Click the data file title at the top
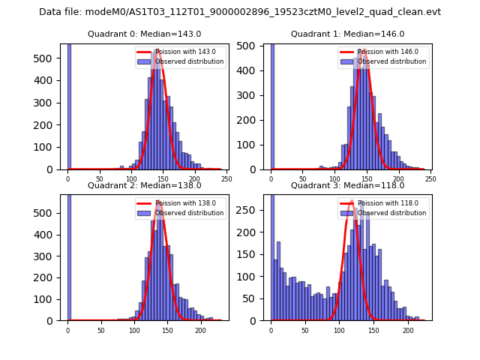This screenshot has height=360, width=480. [240, 12]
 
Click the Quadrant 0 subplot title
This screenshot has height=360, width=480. [144, 34]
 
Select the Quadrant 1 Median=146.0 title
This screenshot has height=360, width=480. [347, 34]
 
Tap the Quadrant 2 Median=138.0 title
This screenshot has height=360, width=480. [144, 185]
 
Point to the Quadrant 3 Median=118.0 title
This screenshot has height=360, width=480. [347, 185]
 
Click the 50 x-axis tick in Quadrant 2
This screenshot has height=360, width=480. [100, 330]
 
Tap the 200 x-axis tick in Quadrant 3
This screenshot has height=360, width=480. [408, 330]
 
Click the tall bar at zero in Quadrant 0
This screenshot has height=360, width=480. [69, 105]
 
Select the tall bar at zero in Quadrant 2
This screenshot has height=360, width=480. [69, 255]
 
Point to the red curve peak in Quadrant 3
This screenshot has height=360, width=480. [351, 201]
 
